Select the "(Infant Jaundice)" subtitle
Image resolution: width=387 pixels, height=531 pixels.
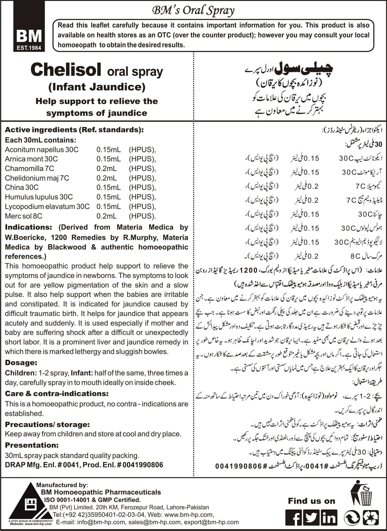(97, 87)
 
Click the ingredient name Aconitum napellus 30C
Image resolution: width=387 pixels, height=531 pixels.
(42, 150)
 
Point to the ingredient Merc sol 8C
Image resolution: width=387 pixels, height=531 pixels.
(24, 216)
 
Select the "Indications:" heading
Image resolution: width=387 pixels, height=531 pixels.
(28, 227)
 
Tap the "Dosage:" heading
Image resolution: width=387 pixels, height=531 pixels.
(21, 363)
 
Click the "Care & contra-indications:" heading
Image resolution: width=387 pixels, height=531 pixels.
(57, 393)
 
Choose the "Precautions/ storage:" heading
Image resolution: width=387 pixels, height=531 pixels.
(47, 424)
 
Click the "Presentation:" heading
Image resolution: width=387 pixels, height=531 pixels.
(32, 445)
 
